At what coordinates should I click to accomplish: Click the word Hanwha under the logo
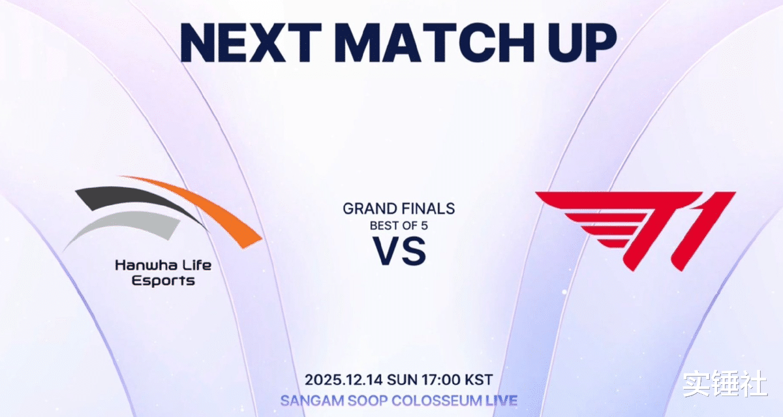pyautogui.click(x=147, y=266)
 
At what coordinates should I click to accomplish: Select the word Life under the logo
pyautogui.click(x=198, y=266)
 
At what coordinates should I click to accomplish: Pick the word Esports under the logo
pyautogui.click(x=163, y=281)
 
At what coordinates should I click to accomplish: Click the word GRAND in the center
pyautogui.click(x=369, y=209)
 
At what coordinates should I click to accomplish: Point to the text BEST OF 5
pyautogui.click(x=399, y=226)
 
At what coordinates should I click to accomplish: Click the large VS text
pyautogui.click(x=399, y=251)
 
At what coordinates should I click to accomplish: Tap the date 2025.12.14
pyautogui.click(x=344, y=380)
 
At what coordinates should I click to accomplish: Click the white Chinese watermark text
pyautogui.click(x=725, y=384)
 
